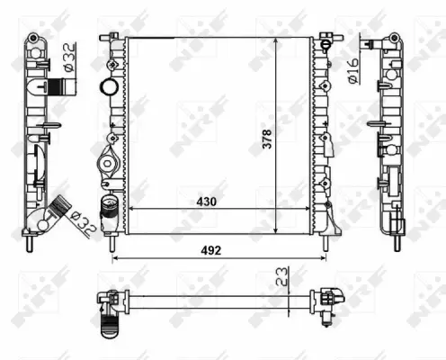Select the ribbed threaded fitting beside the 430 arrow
click(x=110, y=206)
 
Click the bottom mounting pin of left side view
click(x=31, y=244)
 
